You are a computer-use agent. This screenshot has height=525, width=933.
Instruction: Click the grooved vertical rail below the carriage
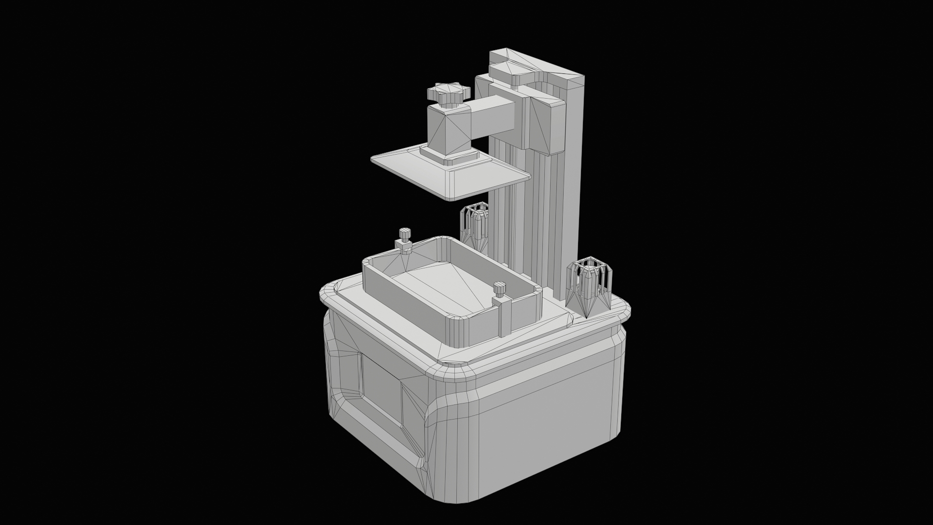[x=539, y=219]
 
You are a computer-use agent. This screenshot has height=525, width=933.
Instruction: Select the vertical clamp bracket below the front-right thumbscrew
[x=502, y=318]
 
